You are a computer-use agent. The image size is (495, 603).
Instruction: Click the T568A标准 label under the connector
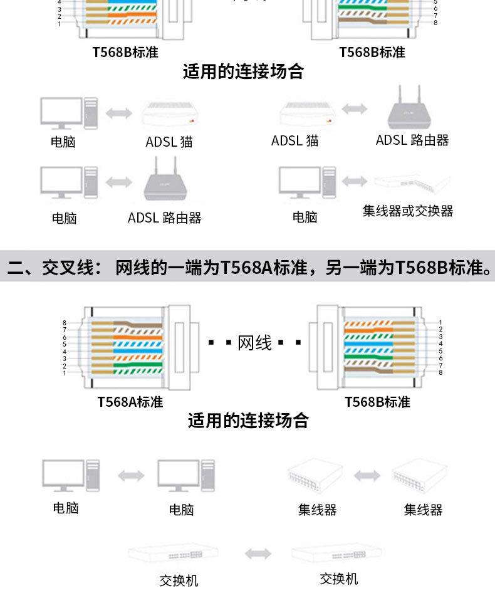[x=130, y=402]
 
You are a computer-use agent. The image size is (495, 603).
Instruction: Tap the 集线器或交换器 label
[x=407, y=211]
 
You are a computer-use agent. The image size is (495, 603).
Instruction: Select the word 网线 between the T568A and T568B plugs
[x=255, y=343]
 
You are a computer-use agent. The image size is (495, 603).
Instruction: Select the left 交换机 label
[x=179, y=580]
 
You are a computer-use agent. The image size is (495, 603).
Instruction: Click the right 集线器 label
[x=423, y=510]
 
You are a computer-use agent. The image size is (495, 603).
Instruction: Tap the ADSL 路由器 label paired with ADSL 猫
[x=412, y=140]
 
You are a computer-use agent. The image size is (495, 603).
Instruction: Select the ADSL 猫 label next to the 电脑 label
[x=169, y=142]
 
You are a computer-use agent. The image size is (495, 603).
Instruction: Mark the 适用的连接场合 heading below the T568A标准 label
[x=248, y=421]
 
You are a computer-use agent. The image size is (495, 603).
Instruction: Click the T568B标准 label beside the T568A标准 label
[x=377, y=402]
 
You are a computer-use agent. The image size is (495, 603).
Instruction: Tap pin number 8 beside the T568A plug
[x=64, y=322]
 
